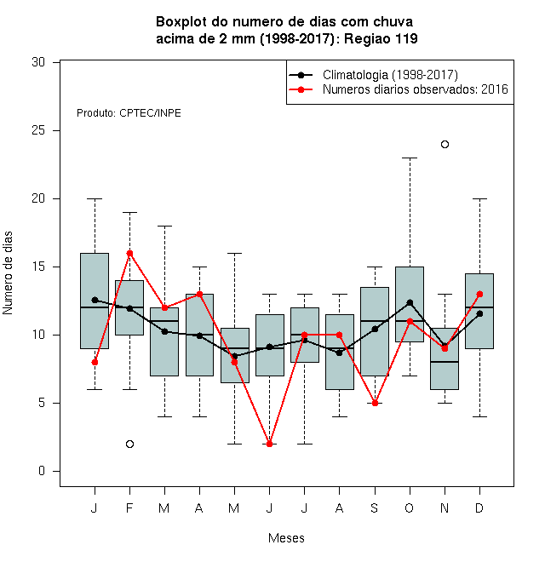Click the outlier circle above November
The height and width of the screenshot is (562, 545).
coord(445,145)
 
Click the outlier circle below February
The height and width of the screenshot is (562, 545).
coord(129,444)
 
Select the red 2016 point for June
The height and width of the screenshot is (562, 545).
coord(270,444)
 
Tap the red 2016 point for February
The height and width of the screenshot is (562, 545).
coord(129,254)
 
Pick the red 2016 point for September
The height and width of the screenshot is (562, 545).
coord(375,404)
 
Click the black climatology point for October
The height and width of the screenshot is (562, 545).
coord(410,303)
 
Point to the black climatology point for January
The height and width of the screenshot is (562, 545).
coord(95,300)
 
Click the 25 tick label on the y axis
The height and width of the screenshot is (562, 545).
coord(38,130)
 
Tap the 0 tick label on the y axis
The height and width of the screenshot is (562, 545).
coord(42,471)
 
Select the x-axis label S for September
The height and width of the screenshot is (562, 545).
coord(375,508)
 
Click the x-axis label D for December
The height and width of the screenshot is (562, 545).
coord(479,508)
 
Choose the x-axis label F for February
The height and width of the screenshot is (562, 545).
coord(129,508)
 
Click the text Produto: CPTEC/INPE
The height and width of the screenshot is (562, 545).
coord(129,113)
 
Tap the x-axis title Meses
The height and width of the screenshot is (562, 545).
coord(286,538)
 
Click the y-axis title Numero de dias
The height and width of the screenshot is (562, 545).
coord(8,273)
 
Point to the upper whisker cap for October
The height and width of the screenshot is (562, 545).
coord(410,158)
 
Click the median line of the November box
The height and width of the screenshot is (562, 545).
coord(445,362)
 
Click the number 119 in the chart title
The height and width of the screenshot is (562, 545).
coord(406,38)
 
